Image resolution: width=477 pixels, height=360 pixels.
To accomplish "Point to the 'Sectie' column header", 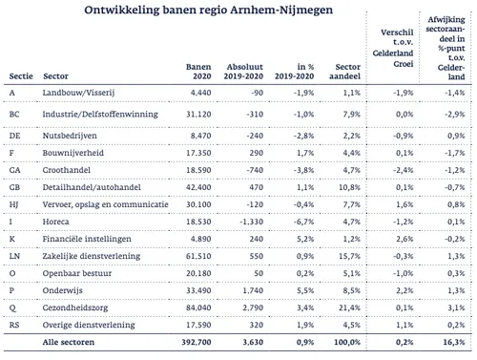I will [x=20, y=78].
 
